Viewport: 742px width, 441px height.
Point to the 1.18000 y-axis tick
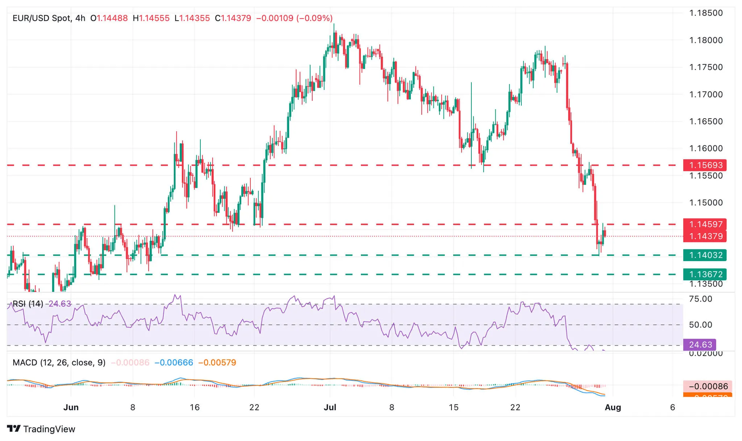[x=706, y=40]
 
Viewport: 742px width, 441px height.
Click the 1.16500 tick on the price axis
[x=706, y=121]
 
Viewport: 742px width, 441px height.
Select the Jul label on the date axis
[x=330, y=407]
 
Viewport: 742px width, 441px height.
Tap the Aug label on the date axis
[x=613, y=407]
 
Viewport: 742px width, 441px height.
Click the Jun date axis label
[x=71, y=407]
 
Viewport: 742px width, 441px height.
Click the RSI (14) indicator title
[x=28, y=304]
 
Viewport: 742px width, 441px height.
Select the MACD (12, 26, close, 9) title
[x=59, y=363]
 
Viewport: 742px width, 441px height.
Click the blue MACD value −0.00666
[x=174, y=363]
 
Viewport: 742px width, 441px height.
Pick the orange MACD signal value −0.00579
[x=217, y=363]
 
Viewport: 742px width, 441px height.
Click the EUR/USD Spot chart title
[x=42, y=18]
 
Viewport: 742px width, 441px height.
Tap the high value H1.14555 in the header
[x=151, y=18]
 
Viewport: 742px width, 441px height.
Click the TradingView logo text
[x=49, y=429]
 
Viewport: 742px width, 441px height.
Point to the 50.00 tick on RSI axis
[x=700, y=325]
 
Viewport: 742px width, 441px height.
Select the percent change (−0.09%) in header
[x=314, y=18]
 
